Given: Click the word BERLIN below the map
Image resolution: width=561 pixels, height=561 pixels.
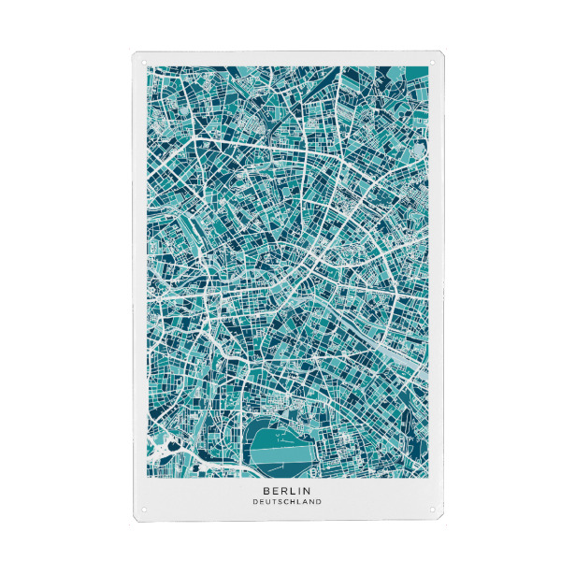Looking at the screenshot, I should point(286,489).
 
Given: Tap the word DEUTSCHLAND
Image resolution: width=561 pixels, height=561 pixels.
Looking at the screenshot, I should point(286,501).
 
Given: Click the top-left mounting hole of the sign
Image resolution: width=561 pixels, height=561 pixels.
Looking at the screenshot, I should point(144,63).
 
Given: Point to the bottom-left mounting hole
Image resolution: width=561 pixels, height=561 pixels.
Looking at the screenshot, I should point(144,510).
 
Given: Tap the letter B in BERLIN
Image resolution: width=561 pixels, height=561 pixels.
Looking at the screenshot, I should point(266,489).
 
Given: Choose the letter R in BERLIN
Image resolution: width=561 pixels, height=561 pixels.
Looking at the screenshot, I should point(282,489).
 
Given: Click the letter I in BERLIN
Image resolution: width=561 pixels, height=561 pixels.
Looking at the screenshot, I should point(298,489).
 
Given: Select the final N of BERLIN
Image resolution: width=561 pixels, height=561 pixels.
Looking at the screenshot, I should point(307,489).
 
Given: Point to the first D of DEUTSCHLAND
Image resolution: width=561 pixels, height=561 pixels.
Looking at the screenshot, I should point(254,501).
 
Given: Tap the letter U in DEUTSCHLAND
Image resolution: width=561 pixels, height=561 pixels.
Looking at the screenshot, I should point(266,501).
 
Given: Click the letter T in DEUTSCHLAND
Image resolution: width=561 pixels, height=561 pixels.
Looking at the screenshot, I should point(273,501).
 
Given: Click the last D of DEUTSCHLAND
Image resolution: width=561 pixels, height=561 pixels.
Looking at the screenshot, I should point(319,501).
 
